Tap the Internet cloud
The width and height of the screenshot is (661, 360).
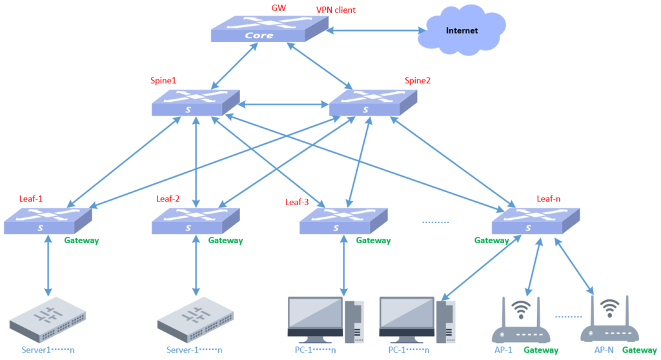click(x=461, y=30)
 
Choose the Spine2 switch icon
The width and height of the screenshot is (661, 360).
click(x=372, y=103)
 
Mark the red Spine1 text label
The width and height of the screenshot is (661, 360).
click(x=163, y=81)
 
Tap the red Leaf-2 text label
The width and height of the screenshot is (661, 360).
click(x=168, y=199)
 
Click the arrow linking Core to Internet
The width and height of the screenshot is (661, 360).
click(x=374, y=30)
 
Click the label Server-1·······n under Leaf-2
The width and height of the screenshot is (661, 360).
click(x=194, y=350)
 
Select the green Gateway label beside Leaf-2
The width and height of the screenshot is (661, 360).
click(x=225, y=241)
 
